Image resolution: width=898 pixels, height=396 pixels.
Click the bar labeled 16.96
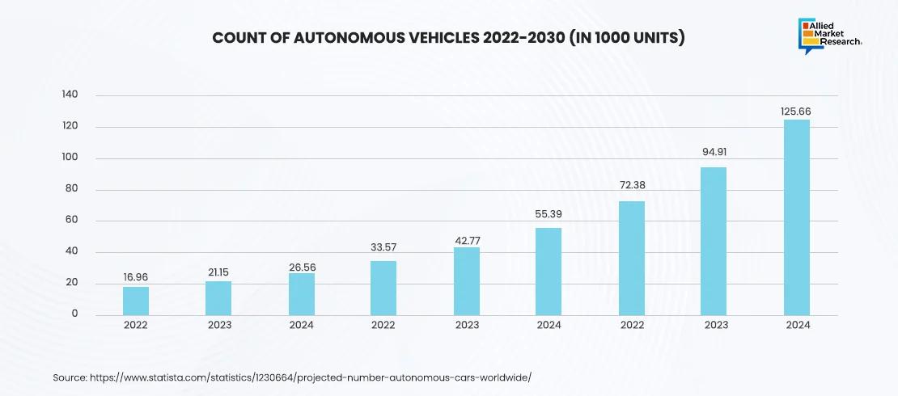pyautogui.click(x=136, y=301)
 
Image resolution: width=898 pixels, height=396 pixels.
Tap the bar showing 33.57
pyautogui.click(x=383, y=288)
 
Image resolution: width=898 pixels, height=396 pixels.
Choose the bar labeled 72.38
pyautogui.click(x=632, y=258)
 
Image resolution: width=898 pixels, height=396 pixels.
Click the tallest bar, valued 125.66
pyautogui.click(x=797, y=217)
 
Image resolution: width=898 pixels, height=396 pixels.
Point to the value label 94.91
pyautogui.click(x=714, y=151)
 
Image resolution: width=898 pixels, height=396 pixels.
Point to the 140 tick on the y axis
pyautogui.click(x=70, y=95)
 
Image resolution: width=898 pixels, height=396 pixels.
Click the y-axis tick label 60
pyautogui.click(x=71, y=221)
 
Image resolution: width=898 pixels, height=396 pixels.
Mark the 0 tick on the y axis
pyautogui.click(x=74, y=314)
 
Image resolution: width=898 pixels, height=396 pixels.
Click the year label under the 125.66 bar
pyautogui.click(x=797, y=325)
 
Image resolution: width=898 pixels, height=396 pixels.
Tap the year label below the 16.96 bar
pyautogui.click(x=136, y=325)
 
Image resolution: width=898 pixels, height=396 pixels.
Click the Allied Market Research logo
pyautogui.click(x=828, y=36)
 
